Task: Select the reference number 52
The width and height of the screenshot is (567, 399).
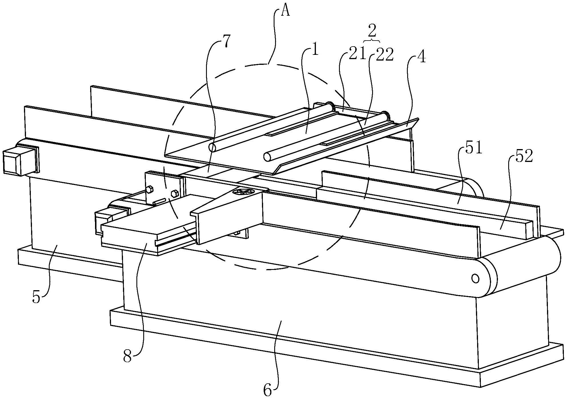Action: pos(524,157)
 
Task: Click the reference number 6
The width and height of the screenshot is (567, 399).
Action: pos(267,390)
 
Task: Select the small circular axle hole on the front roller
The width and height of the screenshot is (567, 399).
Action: pos(475,278)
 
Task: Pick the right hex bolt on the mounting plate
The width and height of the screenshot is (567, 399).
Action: pos(174,194)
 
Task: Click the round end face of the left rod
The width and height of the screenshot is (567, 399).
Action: pos(212,148)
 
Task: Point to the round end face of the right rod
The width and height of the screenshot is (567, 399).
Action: pos(267,157)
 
